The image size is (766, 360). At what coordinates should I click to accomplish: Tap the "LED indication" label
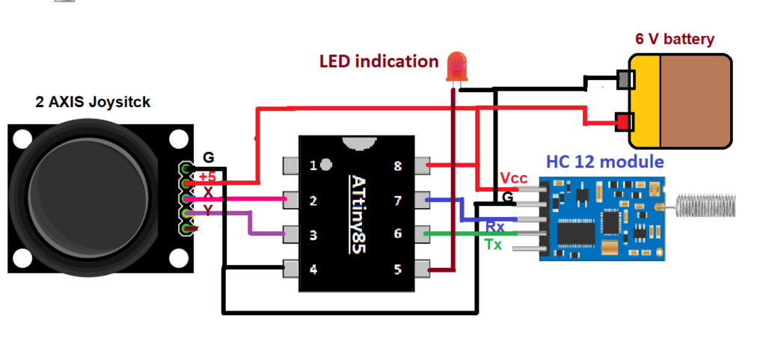tap(379, 61)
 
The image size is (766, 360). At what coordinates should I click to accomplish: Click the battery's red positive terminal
tap(621, 120)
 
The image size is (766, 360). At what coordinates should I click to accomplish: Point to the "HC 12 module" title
tap(604, 162)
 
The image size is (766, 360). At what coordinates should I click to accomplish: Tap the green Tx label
tap(494, 245)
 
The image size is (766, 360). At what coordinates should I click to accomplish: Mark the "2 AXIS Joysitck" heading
tap(93, 101)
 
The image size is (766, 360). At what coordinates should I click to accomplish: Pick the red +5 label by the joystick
tap(208, 177)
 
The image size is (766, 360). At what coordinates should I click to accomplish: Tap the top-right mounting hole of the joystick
tap(178, 139)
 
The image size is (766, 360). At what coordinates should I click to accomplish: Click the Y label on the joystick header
tap(208, 210)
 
